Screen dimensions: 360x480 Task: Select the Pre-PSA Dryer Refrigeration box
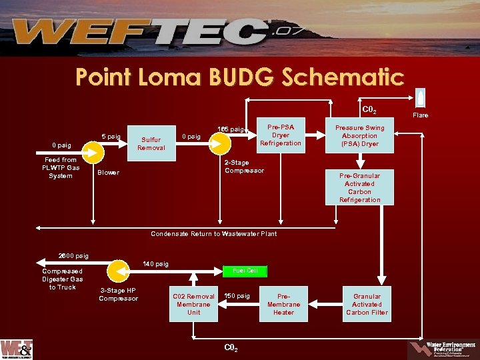point(281,135)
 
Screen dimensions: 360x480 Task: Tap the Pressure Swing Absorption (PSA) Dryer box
point(359,135)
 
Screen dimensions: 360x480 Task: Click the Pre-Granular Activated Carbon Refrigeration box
point(359,187)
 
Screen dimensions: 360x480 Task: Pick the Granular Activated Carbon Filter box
point(367,305)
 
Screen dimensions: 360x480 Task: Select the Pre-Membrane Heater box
point(283,305)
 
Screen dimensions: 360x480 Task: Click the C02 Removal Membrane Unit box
point(193,305)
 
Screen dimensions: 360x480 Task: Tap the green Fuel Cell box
point(245,271)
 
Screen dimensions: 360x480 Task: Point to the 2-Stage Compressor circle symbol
point(219,141)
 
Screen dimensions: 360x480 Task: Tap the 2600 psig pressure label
point(73,256)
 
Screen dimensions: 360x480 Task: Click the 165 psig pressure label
point(231,129)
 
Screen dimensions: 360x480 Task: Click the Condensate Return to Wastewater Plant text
point(213,234)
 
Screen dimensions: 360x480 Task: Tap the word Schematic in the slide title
point(343,77)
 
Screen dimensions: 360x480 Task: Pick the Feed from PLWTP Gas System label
point(60,168)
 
